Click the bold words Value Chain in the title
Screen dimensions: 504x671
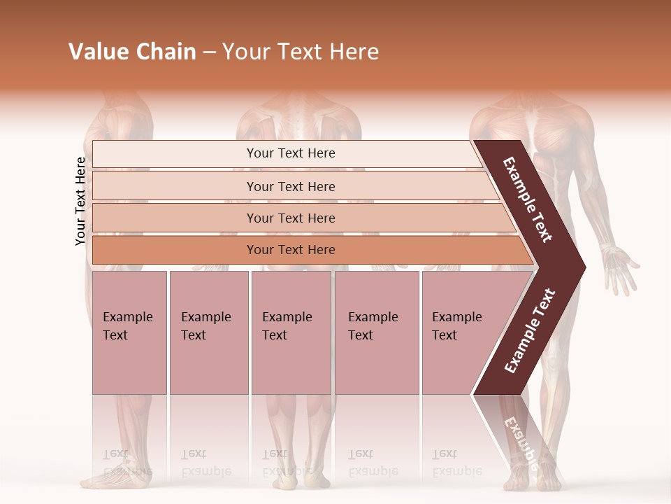click(132, 52)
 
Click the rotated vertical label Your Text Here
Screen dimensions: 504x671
click(80, 201)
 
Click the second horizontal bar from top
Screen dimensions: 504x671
click(290, 186)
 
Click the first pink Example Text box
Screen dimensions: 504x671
click(129, 332)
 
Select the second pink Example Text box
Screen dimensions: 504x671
click(208, 332)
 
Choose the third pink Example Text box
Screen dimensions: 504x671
click(291, 332)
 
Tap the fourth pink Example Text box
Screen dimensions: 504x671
click(376, 332)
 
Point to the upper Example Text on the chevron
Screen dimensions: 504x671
click(528, 199)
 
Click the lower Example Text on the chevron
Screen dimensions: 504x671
click(530, 330)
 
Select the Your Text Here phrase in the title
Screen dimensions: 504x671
click(301, 52)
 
